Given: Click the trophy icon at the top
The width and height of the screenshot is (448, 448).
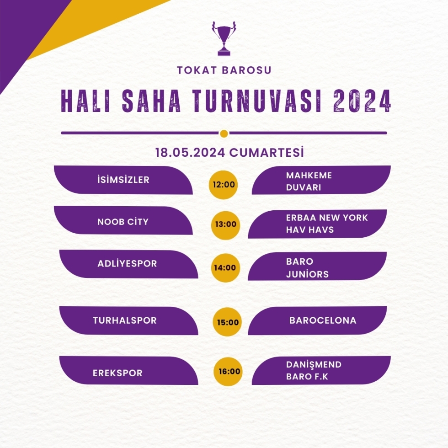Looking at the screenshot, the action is tap(224, 38).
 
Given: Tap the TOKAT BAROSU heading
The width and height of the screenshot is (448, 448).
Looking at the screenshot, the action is tap(224, 70).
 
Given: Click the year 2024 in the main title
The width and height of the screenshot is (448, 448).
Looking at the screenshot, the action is tap(362, 101).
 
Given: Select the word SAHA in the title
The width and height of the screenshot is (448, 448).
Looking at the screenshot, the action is tap(151, 101).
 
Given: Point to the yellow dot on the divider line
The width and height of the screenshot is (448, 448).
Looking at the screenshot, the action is tap(224, 133).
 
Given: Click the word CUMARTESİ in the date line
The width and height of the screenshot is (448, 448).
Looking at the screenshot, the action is tap(266, 152).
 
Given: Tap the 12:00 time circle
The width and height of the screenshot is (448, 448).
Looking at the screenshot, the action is tap(224, 185).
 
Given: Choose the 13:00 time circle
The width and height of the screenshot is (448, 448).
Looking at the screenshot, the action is tap(225, 225).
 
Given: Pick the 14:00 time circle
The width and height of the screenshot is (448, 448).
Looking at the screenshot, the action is tap(225, 268).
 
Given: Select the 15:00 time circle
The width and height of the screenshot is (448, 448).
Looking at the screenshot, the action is tap(228, 322).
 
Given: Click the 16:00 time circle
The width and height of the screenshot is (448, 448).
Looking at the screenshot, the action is tap(228, 371).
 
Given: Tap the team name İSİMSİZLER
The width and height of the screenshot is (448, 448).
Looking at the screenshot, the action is tap(123, 180).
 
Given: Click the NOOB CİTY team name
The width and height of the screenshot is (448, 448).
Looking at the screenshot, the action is tap(123, 222).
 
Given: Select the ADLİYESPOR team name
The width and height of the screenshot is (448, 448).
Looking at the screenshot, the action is tap(127, 263).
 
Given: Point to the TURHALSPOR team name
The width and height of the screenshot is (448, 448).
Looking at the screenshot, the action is tap(124, 320).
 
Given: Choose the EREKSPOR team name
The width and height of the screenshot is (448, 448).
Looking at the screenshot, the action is tap(117, 373).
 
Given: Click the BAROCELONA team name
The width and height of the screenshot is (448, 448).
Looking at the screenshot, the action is tap(323, 320).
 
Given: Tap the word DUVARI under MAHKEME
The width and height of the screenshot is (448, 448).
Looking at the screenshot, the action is tap(304, 187).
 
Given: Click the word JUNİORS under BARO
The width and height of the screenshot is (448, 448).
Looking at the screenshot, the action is tap(307, 274).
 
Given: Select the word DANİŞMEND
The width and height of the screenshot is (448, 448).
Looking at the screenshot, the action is tap(314, 365).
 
